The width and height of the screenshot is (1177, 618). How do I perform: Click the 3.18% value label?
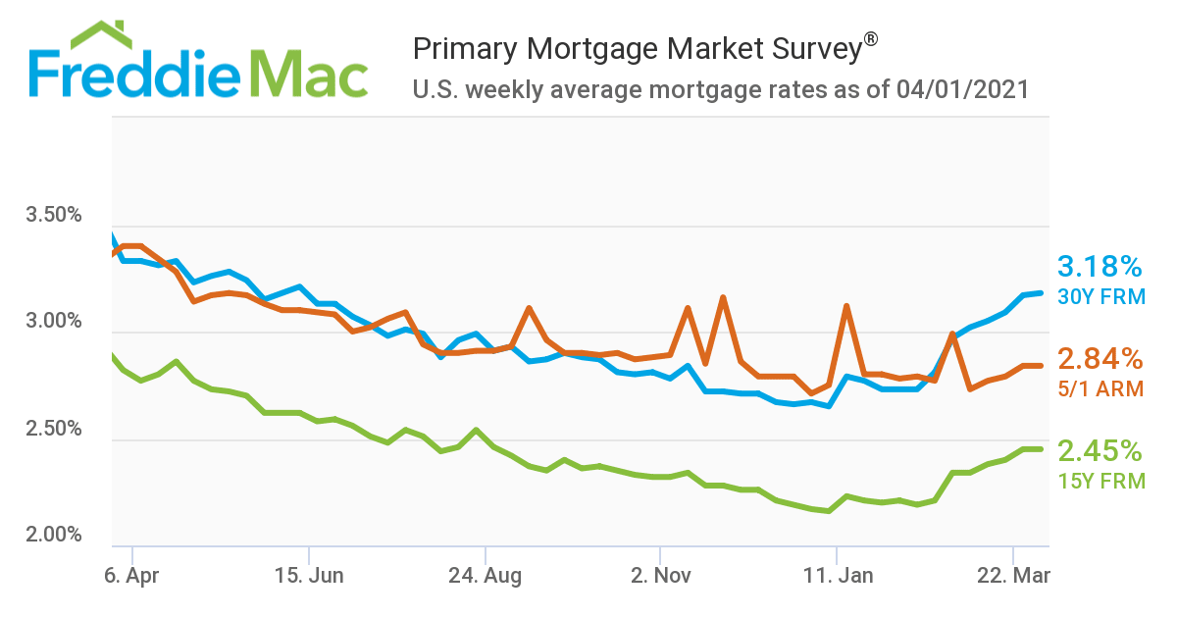(x=1100, y=266)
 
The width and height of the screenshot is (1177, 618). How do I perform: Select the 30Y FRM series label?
(x=1100, y=296)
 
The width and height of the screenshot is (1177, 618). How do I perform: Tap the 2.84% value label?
(x=1100, y=358)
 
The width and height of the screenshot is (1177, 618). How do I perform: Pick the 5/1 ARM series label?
(x=1100, y=388)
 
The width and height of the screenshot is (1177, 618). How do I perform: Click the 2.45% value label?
(x=1100, y=450)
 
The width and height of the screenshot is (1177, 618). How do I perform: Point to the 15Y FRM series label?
(x=1100, y=481)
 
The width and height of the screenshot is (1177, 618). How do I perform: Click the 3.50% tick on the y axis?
(x=54, y=215)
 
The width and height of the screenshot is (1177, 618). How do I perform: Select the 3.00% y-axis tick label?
(x=54, y=322)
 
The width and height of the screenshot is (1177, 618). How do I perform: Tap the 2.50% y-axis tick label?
(x=54, y=429)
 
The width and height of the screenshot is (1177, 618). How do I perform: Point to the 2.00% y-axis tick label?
(x=54, y=536)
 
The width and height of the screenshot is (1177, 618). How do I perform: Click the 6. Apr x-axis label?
(x=131, y=576)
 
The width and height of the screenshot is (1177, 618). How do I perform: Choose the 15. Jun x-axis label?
(x=310, y=576)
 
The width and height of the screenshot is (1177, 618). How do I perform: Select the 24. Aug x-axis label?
(x=485, y=576)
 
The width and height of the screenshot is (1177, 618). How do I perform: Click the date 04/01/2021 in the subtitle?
(x=962, y=90)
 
